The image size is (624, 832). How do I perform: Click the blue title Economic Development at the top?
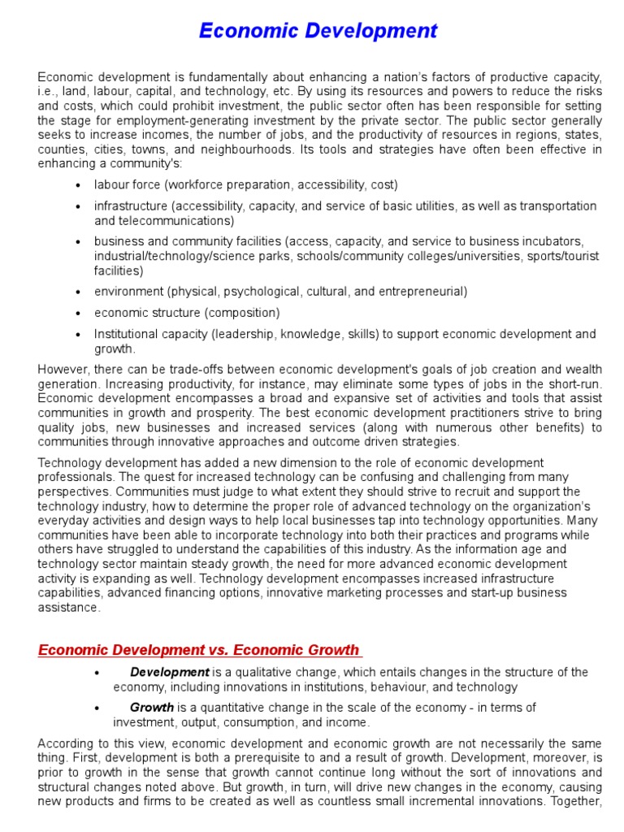point(318,31)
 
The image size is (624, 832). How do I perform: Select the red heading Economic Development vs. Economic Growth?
point(198,649)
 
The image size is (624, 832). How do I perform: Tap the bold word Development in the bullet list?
point(170,672)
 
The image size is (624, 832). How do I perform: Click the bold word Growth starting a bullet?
point(152,708)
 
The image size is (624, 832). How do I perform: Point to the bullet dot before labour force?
point(78,185)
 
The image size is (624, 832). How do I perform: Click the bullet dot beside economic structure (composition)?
point(78,313)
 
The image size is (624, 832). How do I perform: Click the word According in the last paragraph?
point(65,743)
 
